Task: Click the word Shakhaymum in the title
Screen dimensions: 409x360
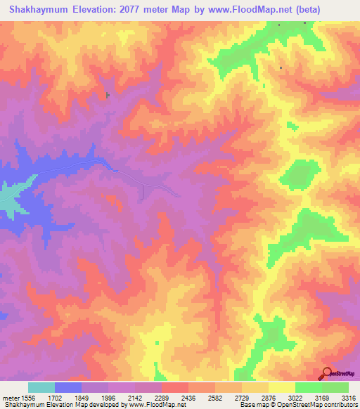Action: click(x=36, y=9)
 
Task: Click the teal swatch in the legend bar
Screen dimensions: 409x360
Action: click(x=41, y=387)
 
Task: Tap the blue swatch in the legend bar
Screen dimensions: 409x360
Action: click(x=68, y=387)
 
